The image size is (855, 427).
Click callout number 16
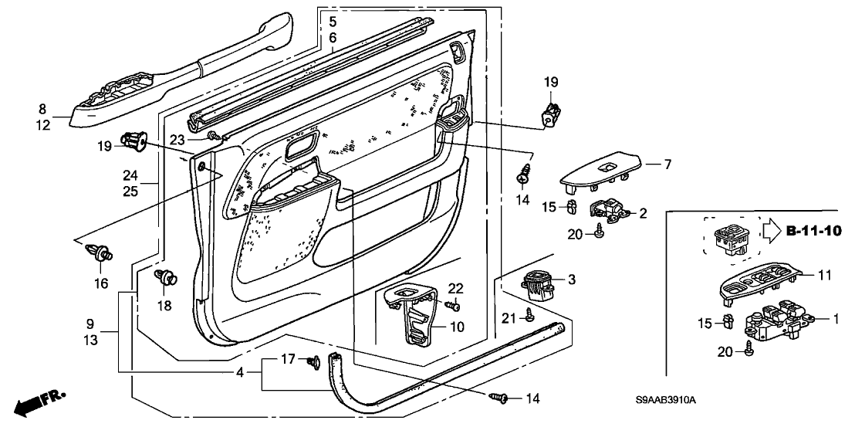(101, 284)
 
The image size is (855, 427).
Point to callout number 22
(456, 288)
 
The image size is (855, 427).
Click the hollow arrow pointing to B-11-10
(772, 231)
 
